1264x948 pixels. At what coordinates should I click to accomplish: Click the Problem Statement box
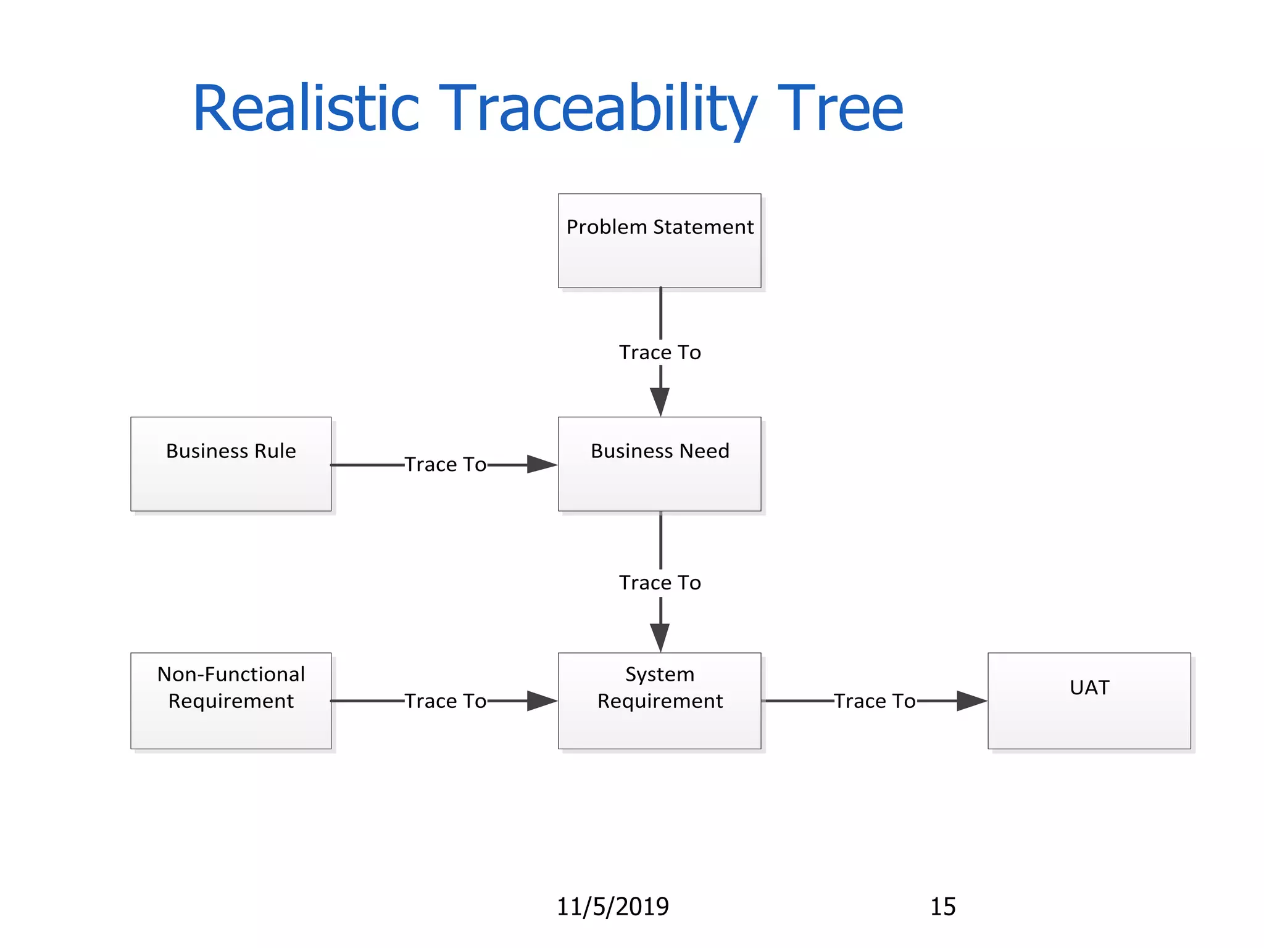[659, 241]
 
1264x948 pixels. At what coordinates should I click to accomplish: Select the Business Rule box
[231, 464]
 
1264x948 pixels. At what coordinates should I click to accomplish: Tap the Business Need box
[659, 464]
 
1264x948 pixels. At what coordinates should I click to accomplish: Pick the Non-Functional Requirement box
[231, 701]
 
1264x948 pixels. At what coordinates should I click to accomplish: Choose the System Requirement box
[659, 701]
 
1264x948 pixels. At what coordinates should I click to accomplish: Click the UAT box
[1089, 701]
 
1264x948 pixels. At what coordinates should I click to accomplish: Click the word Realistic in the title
[306, 109]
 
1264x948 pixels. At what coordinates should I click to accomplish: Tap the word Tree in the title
[841, 109]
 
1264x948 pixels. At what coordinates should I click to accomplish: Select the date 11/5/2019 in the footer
[613, 907]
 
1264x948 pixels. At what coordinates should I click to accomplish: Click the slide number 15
[942, 907]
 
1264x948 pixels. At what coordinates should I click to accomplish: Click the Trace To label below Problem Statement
[660, 352]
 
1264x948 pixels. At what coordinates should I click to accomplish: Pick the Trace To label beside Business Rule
[445, 464]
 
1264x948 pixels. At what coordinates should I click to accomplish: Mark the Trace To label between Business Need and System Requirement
[660, 583]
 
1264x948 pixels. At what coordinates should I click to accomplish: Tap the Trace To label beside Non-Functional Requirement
[445, 701]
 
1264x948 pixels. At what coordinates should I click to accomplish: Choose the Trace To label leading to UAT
[875, 701]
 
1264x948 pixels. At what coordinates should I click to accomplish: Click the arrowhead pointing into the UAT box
[971, 701]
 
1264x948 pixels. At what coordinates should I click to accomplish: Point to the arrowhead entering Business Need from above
[660, 402]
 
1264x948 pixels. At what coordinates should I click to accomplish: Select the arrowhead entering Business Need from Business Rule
[542, 464]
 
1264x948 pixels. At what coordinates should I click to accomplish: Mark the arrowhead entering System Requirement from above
[660, 638]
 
